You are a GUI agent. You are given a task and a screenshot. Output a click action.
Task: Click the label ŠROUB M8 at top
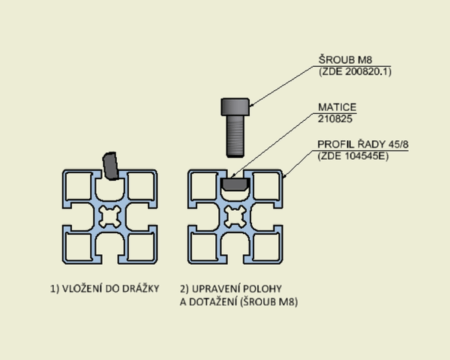pos(345,60)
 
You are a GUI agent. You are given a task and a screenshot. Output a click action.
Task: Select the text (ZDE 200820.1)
pos(355,71)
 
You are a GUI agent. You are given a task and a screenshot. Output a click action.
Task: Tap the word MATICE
pos(337,107)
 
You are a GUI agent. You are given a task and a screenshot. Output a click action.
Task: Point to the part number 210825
pos(335,118)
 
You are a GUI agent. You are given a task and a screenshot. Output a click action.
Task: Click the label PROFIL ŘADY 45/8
pos(363,144)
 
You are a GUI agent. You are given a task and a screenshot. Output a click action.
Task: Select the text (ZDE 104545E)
pos(353,156)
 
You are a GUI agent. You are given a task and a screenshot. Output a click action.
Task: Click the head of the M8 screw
pos(235,106)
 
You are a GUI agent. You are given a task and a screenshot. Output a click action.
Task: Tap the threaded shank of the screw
pos(235,136)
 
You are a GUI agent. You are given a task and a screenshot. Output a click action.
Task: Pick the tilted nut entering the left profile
pos(110,166)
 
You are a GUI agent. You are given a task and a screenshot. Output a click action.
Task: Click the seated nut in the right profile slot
pos(235,184)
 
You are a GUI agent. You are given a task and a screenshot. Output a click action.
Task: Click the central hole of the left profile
pos(109,217)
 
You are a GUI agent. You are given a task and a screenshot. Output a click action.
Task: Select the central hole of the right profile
pos(235,217)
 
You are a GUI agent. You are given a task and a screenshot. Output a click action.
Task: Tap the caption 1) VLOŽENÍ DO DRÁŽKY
pos(105,289)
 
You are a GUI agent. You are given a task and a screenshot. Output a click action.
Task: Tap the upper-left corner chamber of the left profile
pos(79,186)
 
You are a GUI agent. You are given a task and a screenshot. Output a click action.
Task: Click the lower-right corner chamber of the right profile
pos(266,247)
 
